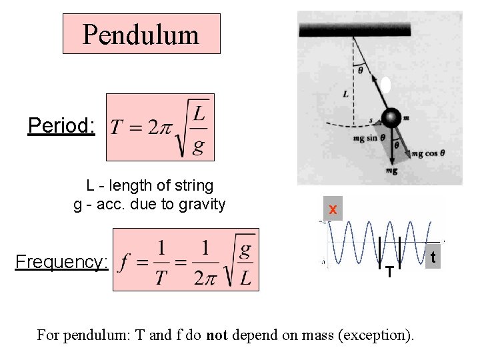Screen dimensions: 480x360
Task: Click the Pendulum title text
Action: click(x=141, y=34)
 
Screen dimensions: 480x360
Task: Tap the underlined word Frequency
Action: click(x=61, y=261)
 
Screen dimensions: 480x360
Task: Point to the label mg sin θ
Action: click(x=367, y=139)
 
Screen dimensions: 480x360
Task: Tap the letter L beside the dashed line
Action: click(x=345, y=95)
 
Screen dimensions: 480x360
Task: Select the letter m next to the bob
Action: click(x=405, y=118)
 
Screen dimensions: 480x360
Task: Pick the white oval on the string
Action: click(x=385, y=85)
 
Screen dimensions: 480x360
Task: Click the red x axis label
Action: click(x=333, y=210)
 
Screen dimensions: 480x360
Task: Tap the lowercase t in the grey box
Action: click(x=433, y=257)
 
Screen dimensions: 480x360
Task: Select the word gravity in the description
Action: click(x=203, y=204)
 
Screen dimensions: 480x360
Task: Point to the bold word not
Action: click(x=217, y=335)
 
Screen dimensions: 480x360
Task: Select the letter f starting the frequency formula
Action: click(x=123, y=262)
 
